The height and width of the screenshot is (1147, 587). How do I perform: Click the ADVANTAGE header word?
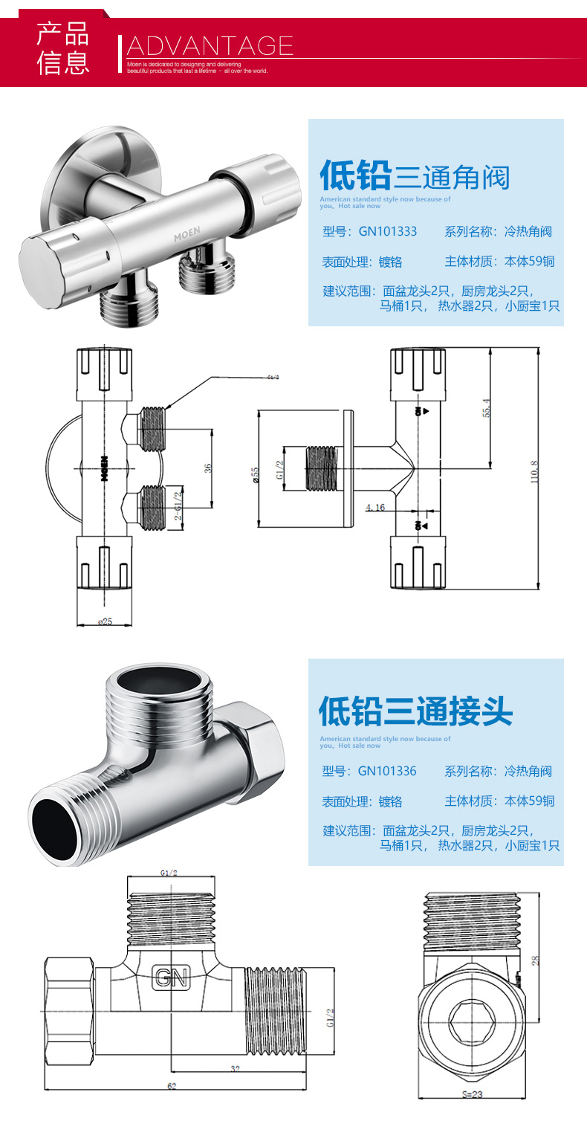[x=210, y=46]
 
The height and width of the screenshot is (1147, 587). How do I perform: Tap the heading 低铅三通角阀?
[x=415, y=177]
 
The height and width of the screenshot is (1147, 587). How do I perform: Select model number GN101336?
[x=387, y=771]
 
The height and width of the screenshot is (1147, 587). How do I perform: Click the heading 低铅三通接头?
[x=415, y=711]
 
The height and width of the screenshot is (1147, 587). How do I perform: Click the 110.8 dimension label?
[x=534, y=472]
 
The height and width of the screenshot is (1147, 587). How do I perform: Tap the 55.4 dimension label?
[x=487, y=408]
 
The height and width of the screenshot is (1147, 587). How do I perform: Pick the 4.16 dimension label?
[x=374, y=508]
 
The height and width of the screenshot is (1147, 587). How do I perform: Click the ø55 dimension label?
[x=255, y=475]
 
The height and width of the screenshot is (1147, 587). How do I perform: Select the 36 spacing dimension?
[x=209, y=468]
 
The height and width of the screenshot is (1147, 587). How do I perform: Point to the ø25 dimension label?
[x=105, y=621]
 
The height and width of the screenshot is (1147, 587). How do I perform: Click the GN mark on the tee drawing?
[x=172, y=978]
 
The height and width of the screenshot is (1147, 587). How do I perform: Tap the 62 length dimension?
[x=172, y=1086]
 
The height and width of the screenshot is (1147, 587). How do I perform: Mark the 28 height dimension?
[x=534, y=960]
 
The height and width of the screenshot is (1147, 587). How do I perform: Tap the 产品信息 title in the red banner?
[x=63, y=48]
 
